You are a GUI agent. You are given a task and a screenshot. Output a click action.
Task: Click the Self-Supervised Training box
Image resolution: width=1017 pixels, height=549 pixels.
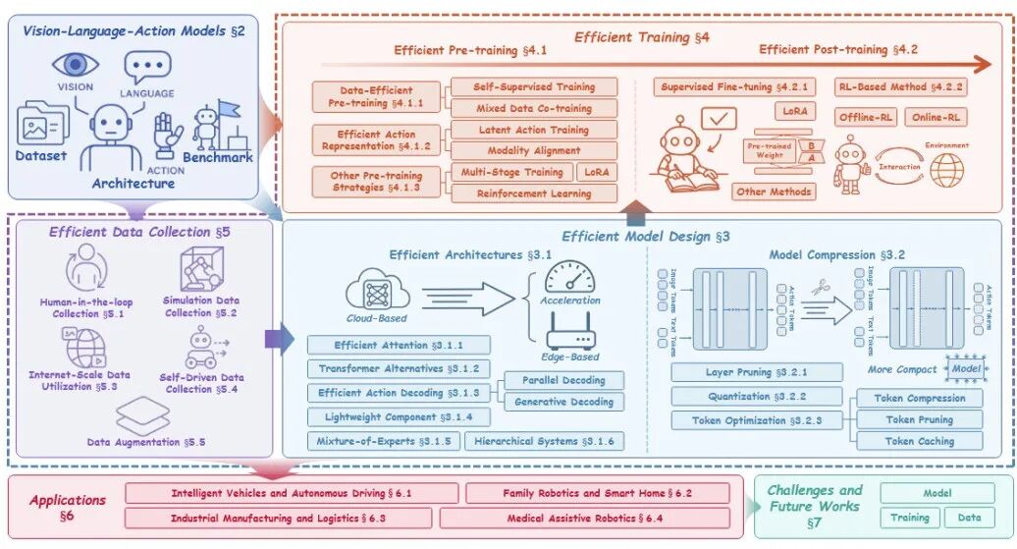tap(534, 87)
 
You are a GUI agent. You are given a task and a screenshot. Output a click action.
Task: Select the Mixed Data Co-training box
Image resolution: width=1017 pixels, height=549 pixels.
tap(534, 108)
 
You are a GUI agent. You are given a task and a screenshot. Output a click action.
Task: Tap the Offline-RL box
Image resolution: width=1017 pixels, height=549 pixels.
tap(866, 117)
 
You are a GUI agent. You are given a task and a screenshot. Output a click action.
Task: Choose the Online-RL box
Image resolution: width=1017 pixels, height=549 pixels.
tap(936, 117)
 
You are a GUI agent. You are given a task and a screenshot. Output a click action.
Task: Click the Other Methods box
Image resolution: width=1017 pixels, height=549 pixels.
tap(775, 192)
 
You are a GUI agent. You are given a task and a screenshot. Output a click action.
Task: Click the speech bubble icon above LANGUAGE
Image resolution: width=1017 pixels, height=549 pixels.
tap(147, 68)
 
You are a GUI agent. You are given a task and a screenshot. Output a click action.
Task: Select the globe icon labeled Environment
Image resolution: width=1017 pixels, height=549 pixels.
tap(947, 169)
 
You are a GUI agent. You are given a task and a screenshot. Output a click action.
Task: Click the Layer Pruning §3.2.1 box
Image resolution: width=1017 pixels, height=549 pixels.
tap(757, 373)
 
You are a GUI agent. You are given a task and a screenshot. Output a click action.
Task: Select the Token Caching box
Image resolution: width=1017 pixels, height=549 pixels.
tap(920, 441)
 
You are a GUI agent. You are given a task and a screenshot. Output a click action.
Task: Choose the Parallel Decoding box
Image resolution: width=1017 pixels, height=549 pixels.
tap(563, 380)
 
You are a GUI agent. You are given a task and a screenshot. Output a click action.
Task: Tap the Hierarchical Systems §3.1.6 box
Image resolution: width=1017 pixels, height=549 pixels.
tap(544, 442)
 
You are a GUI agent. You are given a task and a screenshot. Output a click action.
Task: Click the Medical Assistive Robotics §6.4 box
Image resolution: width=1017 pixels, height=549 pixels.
tap(584, 518)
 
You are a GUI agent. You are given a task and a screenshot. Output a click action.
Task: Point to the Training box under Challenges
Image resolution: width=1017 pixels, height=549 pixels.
tap(910, 518)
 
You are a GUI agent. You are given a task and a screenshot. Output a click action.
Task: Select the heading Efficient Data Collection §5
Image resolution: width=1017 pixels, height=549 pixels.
tap(132, 232)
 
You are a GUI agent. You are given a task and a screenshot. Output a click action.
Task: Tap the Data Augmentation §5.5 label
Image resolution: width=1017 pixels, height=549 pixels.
tap(145, 442)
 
